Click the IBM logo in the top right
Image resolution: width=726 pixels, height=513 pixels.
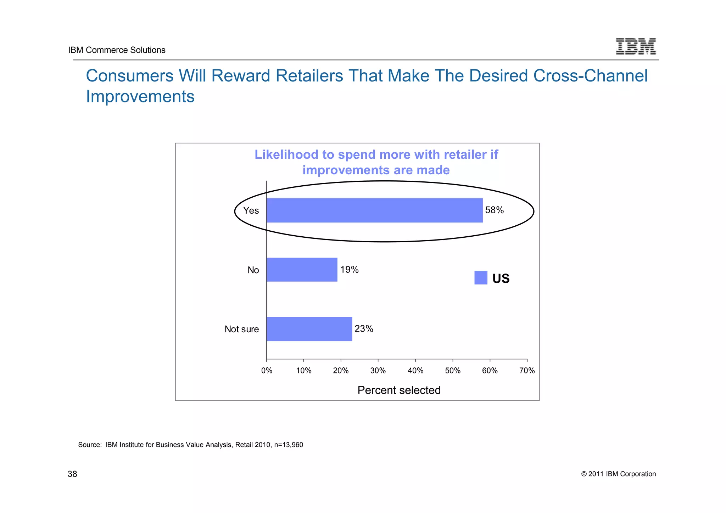point(636,46)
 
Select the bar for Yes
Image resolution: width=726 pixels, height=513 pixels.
point(374,210)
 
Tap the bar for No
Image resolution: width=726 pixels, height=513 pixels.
point(302,270)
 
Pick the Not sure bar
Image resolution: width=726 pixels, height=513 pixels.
point(309,329)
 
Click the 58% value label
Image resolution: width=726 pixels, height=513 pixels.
point(494,210)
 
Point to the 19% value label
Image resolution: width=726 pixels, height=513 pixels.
point(349,270)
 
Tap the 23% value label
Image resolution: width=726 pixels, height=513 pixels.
point(364,329)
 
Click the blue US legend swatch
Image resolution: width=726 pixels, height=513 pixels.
point(481,278)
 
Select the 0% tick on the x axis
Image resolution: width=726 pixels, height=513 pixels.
point(267,371)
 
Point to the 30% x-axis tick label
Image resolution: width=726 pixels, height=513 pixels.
point(378,371)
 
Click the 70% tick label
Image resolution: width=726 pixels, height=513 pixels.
point(527,371)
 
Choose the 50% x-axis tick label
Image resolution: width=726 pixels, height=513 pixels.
point(453,371)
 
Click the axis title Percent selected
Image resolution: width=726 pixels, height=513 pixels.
point(399,390)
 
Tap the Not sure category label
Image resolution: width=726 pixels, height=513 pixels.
point(242,329)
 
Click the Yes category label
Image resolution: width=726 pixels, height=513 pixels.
point(251,210)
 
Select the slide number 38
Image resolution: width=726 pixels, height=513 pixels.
point(72,474)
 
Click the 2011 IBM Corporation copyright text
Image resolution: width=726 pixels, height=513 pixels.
point(618,474)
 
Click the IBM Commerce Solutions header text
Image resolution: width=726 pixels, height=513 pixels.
point(117,50)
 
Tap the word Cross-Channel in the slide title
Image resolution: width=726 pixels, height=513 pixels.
point(590,76)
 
